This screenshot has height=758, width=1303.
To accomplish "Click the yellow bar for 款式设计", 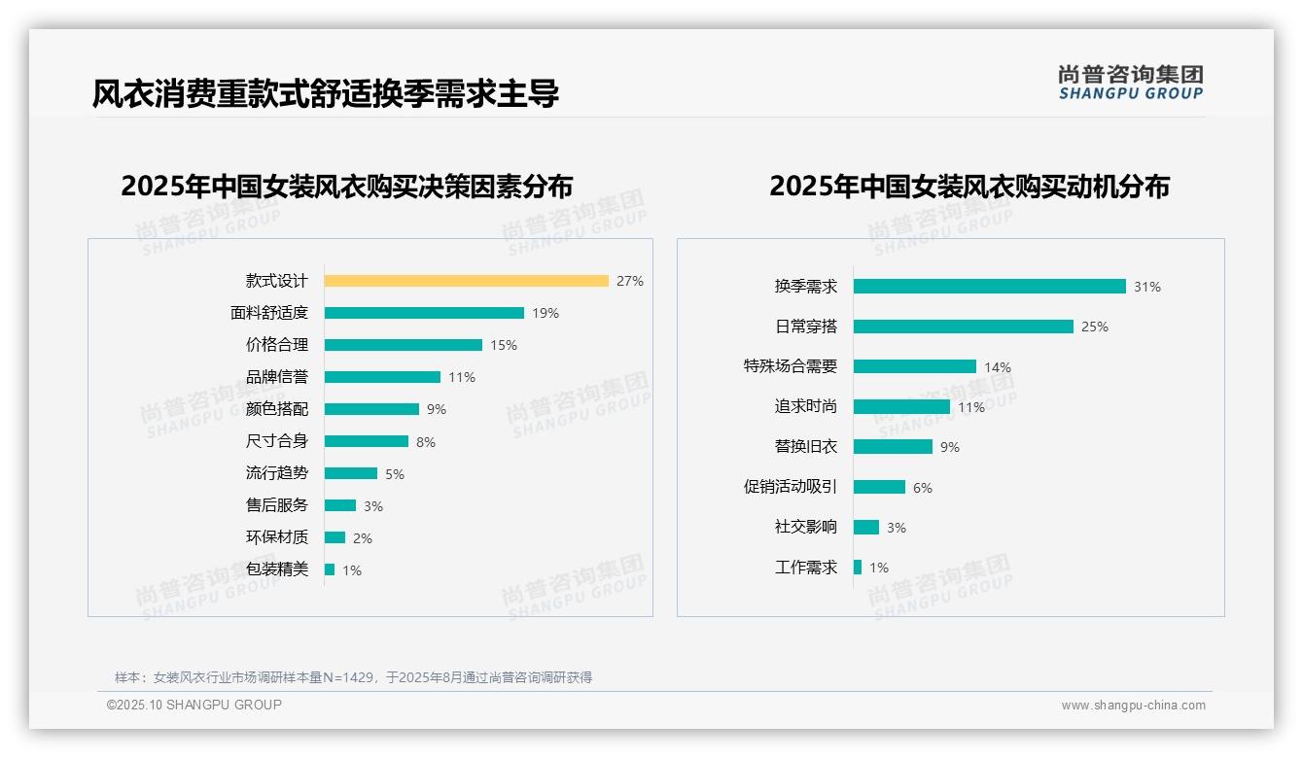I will (466, 281).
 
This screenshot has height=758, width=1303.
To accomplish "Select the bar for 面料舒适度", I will (424, 313).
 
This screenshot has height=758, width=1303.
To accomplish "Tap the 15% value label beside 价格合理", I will (504, 345).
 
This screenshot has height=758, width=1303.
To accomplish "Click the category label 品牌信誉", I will (276, 377).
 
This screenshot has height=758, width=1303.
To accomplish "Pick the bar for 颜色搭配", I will (371, 409).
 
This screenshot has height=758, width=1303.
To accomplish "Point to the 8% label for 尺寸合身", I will (426, 442).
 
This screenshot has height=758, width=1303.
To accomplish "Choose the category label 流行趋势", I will (276, 473).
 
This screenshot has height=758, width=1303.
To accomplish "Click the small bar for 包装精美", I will (330, 569).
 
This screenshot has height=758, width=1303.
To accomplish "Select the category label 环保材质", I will (276, 537).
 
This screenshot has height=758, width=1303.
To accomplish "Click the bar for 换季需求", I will (989, 287).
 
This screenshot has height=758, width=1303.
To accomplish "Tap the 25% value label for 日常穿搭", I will (1095, 327).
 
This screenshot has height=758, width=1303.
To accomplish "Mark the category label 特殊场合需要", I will (790, 366).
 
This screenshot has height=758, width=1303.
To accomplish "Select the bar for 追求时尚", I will (901, 407).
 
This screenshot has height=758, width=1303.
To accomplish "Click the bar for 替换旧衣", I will (893, 447).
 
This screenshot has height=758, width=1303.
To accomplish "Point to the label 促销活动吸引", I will (790, 487).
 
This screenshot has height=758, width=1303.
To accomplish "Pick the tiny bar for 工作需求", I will (858, 568).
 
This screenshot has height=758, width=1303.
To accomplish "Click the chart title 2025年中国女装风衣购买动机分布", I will (968, 187).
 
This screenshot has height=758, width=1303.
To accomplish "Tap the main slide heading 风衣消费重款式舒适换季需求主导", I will (325, 94).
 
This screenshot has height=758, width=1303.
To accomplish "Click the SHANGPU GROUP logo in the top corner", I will (1130, 82).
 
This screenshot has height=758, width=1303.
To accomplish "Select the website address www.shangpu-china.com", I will (1133, 706).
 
